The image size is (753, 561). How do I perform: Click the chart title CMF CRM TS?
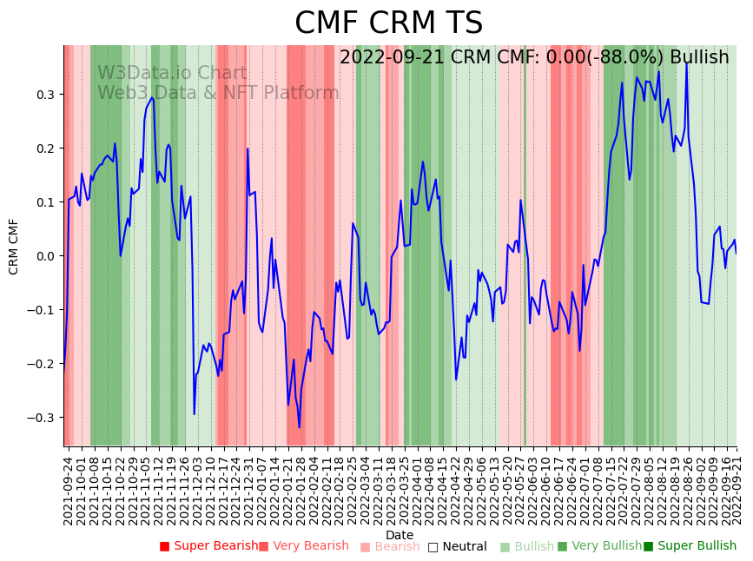coord(388,23)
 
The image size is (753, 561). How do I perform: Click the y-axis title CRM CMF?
coord(14,247)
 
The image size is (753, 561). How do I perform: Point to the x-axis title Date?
coord(400,535)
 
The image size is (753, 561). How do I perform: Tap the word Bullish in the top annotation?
coord(699,57)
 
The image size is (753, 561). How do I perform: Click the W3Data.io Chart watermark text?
coord(172,73)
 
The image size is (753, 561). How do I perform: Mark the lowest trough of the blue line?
coord(300,427)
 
